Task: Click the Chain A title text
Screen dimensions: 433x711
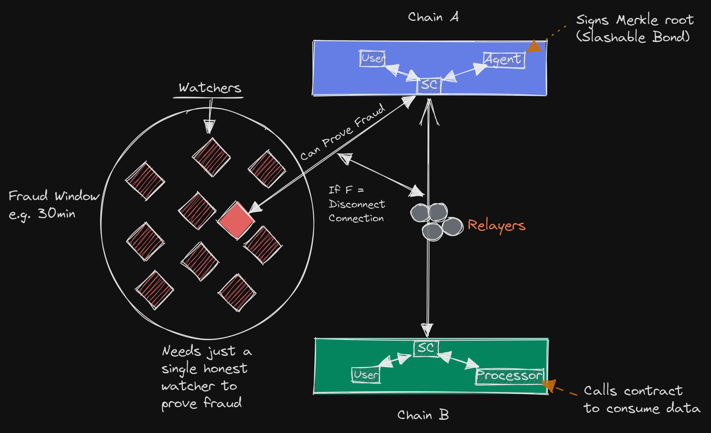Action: (433, 17)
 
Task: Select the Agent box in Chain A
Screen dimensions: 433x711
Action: (504, 60)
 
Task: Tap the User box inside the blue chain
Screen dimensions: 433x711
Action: (372, 59)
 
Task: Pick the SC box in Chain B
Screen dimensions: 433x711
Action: (426, 348)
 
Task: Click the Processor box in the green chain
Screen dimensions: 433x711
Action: (509, 376)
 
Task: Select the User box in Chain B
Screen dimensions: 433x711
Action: (366, 375)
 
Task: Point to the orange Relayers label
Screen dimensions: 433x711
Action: (496, 226)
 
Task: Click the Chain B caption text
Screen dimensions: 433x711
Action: (423, 415)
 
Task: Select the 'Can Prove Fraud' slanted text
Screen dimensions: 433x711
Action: (343, 132)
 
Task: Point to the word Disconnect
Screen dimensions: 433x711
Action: (357, 204)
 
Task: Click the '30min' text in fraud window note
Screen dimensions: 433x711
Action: (57, 214)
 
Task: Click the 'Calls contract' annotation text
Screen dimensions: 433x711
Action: (633, 391)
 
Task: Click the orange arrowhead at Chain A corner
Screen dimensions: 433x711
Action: (534, 47)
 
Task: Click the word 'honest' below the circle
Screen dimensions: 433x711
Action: (225, 369)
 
